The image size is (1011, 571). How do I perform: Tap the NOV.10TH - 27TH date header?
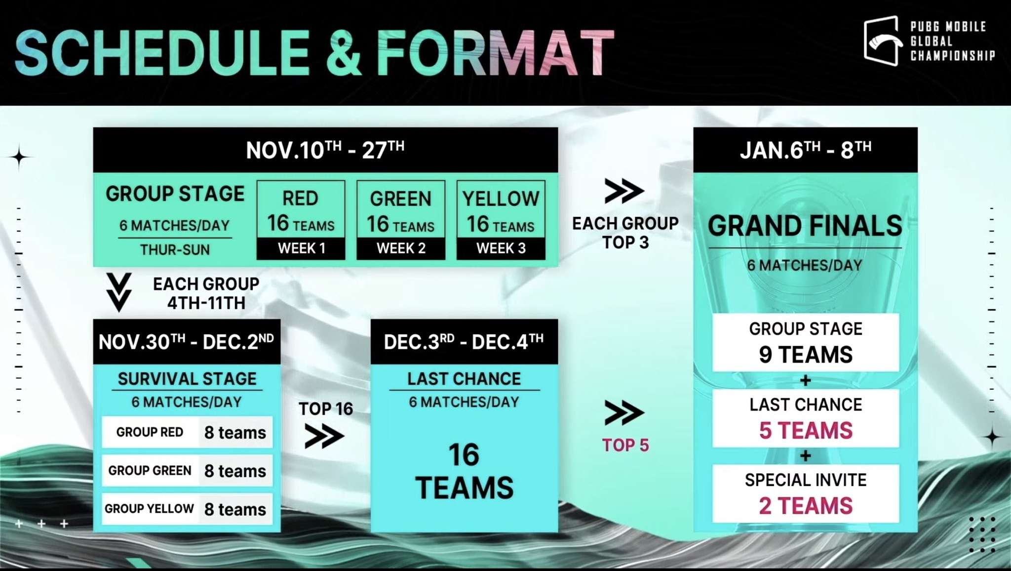pos(325,150)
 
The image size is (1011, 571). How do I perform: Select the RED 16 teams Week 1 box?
pos(301,220)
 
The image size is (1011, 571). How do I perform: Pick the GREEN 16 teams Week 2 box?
pos(401,220)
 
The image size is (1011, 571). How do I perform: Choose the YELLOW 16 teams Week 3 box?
pos(501,220)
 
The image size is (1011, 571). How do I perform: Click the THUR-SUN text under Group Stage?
pos(175,250)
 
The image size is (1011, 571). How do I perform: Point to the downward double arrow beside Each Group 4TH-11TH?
pos(119,292)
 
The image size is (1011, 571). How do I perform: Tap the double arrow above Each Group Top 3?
pos(624,191)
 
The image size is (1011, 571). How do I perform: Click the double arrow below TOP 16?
pos(324,436)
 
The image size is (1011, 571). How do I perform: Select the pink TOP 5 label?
pos(625,445)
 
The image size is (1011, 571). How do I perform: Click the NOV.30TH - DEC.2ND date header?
pos(187,342)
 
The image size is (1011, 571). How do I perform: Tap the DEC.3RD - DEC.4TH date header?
pos(464,342)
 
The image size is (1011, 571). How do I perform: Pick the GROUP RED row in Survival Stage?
pos(187,432)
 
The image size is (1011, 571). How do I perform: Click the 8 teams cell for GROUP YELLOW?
pos(235,509)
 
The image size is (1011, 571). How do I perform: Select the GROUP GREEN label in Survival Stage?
pos(150,471)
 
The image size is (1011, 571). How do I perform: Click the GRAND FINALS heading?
pos(805,226)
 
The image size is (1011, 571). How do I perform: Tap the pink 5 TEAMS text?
pos(806,431)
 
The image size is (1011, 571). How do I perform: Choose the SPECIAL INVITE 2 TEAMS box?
pos(806,493)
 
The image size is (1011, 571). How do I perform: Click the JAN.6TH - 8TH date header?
pos(805,150)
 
